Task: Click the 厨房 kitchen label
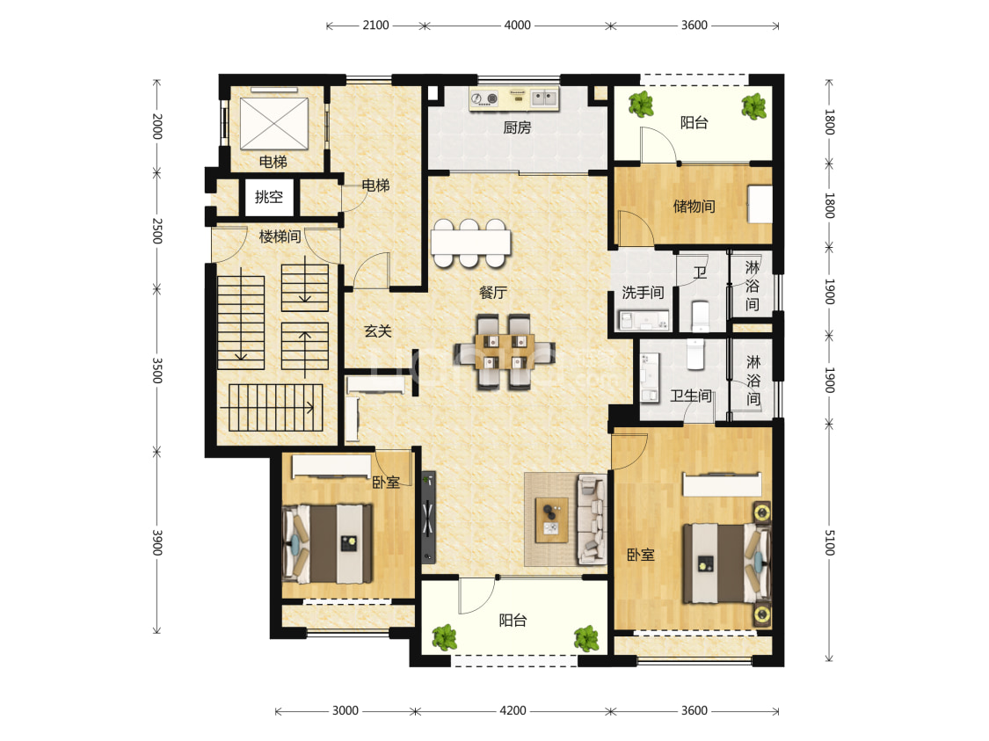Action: point(517,127)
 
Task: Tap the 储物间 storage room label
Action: point(694,207)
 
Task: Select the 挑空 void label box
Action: point(269,197)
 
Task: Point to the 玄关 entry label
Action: point(378,331)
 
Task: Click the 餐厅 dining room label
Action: point(492,293)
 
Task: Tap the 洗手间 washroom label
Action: point(643,293)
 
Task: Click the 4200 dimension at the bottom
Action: point(513,711)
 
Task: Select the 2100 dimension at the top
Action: point(375,25)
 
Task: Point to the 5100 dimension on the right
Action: point(830,542)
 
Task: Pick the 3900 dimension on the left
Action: point(157,542)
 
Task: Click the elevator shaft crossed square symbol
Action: point(274,124)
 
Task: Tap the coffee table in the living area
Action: point(552,519)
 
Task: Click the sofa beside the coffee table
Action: point(592,519)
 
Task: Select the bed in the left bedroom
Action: point(328,543)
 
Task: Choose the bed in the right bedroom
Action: point(727,562)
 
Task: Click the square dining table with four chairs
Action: point(504,352)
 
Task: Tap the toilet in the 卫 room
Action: point(701,316)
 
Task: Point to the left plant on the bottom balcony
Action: point(445,637)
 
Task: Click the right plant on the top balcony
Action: point(753,106)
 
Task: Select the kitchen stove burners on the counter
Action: point(485,98)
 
